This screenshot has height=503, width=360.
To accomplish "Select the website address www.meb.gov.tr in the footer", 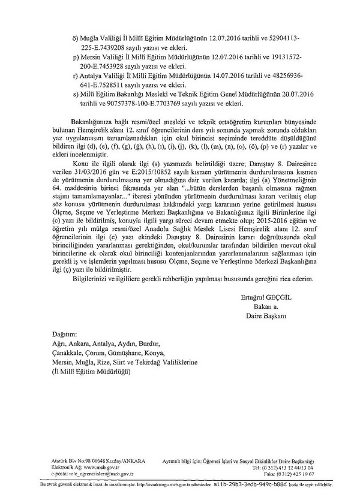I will (x=103, y=467).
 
